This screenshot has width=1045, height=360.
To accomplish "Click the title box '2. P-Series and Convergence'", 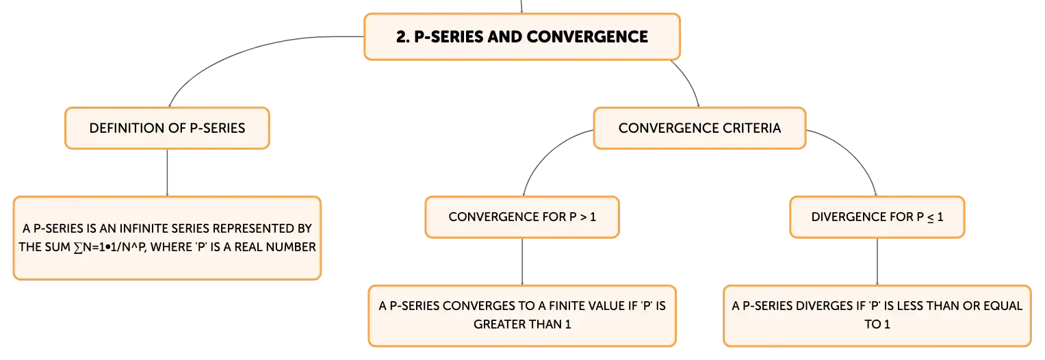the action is (522, 37).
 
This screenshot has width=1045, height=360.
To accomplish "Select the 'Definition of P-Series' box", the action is (167, 128).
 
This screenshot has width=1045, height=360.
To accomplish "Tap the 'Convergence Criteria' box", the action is (699, 128).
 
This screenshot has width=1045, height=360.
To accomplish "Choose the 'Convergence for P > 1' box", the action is (522, 217).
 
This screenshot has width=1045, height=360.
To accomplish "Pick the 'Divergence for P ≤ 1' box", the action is (877, 217).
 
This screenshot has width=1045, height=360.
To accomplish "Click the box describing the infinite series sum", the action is (167, 237).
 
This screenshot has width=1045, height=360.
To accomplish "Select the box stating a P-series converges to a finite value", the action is (522, 316).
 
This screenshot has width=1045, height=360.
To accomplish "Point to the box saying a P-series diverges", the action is (877, 316).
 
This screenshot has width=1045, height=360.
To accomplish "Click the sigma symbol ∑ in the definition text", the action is (78, 247).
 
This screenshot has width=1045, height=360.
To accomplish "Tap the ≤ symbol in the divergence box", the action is (930, 218).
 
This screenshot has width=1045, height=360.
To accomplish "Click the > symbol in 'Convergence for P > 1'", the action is (583, 217).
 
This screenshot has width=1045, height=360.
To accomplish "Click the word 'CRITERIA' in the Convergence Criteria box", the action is (751, 128).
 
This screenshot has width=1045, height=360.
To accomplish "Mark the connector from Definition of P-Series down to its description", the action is (167, 172).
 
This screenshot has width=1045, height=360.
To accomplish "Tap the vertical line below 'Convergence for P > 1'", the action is (522, 261).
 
